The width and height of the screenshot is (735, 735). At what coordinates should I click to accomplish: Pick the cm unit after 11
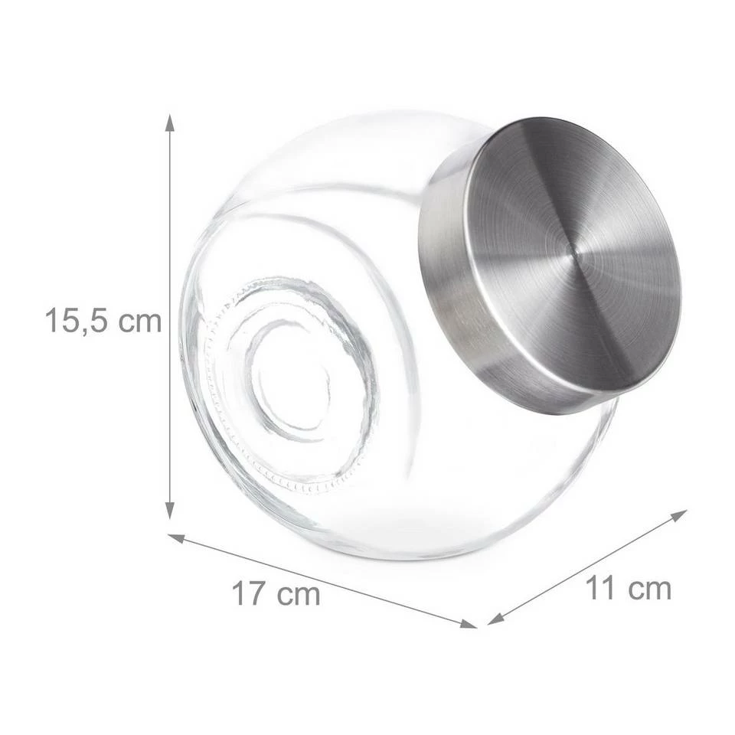[x=649, y=589]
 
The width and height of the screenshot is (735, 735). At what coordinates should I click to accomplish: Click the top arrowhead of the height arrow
[x=170, y=122]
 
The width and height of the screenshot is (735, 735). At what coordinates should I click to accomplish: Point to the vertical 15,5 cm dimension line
[x=170, y=230]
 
